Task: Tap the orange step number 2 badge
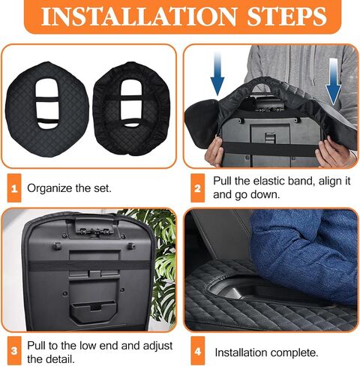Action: pos(198,188)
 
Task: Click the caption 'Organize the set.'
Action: pos(69,188)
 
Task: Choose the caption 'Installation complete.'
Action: pos(265,351)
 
